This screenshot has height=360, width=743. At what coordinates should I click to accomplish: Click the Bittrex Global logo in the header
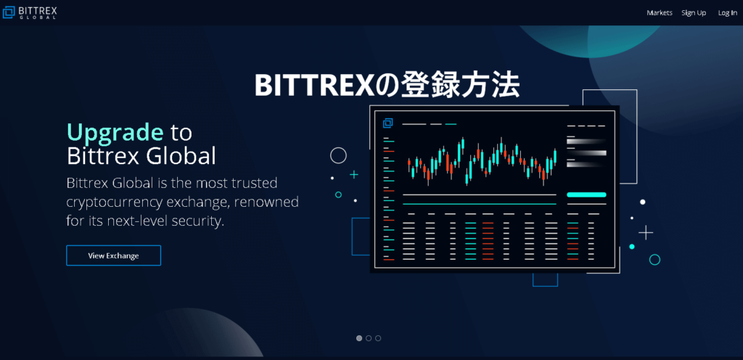pyautogui.click(x=29, y=12)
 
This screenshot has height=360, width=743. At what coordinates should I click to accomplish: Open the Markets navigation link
pyautogui.click(x=660, y=13)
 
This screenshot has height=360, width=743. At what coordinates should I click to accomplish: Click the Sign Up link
pyautogui.click(x=694, y=13)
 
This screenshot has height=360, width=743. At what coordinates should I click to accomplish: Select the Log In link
pyautogui.click(x=727, y=13)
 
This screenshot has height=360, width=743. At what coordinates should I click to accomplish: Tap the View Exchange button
pyautogui.click(x=114, y=255)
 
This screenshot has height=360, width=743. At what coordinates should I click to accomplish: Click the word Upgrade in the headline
pyautogui.click(x=115, y=132)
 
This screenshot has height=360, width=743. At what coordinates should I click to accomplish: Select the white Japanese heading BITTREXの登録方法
pyautogui.click(x=387, y=85)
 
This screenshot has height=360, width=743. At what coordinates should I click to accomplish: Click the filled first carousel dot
pyautogui.click(x=359, y=338)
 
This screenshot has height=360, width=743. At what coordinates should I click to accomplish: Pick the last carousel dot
pyautogui.click(x=377, y=338)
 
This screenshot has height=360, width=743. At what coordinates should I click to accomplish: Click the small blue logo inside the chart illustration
pyautogui.click(x=387, y=123)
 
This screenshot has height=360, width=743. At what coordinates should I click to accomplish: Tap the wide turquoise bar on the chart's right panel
pyautogui.click(x=586, y=195)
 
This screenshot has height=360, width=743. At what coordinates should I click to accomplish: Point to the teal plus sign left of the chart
pyautogui.click(x=354, y=175)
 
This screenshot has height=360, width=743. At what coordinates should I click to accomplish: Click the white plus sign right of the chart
pyautogui.click(x=646, y=232)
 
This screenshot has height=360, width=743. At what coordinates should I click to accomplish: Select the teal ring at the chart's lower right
pyautogui.click(x=649, y=260)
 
